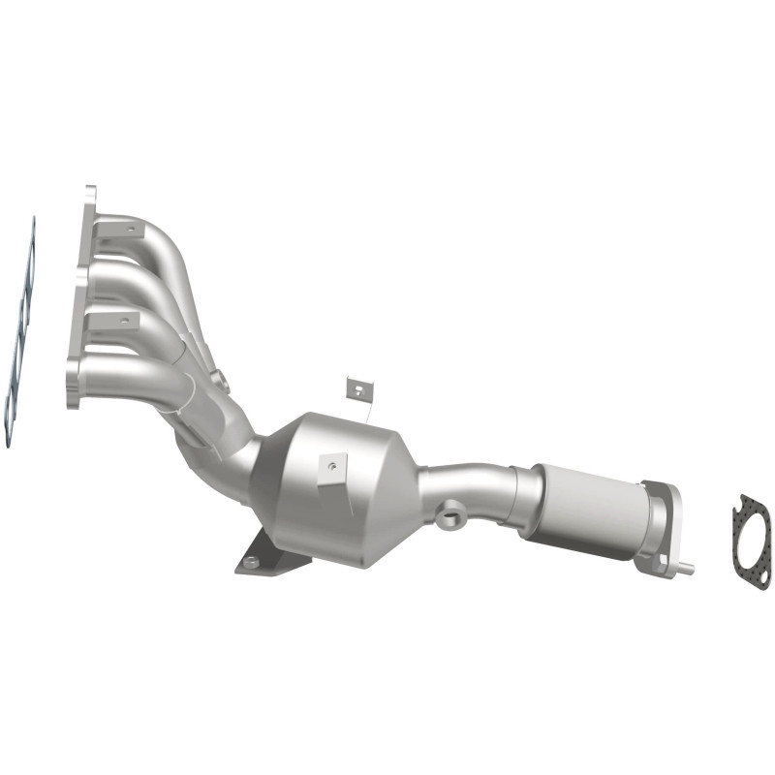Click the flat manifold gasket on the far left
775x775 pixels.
21,329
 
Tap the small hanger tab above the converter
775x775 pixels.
358,389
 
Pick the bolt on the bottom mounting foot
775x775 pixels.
252,561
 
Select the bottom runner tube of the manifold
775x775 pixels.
126,368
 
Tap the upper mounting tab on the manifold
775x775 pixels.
126,229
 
